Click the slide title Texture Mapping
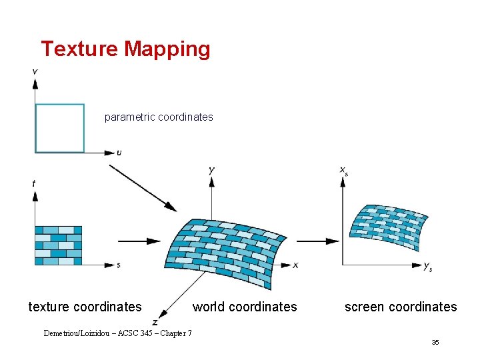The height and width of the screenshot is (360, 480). point(125,49)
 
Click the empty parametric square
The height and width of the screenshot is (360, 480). point(60,128)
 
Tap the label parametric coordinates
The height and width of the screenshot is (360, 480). point(159,117)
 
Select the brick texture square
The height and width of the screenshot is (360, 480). point(58,245)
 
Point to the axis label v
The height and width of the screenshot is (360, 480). point(35,71)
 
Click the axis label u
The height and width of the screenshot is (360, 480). point(119,153)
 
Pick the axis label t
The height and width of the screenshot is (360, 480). point(34,183)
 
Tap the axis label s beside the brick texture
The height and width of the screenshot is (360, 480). point(118,265)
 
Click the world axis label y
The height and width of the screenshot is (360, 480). point(211,171)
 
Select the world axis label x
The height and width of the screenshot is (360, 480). point(295,265)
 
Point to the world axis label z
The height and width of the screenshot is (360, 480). point(155,322)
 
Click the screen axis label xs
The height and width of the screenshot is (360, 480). point(344,171)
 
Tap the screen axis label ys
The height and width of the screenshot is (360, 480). point(428,267)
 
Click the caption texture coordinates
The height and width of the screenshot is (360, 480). point(85,307)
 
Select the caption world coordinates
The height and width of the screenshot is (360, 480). point(245,307)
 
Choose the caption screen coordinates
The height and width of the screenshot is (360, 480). point(401,307)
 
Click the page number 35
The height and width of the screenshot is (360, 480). point(435,343)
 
